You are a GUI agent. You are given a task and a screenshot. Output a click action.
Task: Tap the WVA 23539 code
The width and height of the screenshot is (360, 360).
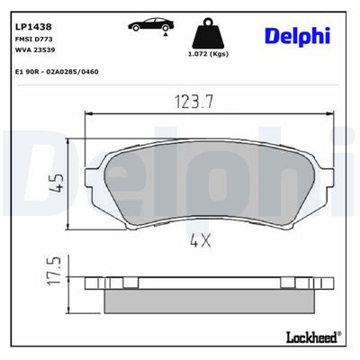(x=33, y=38)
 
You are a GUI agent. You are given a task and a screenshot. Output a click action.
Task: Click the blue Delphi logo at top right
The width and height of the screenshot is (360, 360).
(x=297, y=35)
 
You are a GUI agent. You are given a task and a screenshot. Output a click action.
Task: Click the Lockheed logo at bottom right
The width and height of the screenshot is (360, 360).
(x=310, y=337)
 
